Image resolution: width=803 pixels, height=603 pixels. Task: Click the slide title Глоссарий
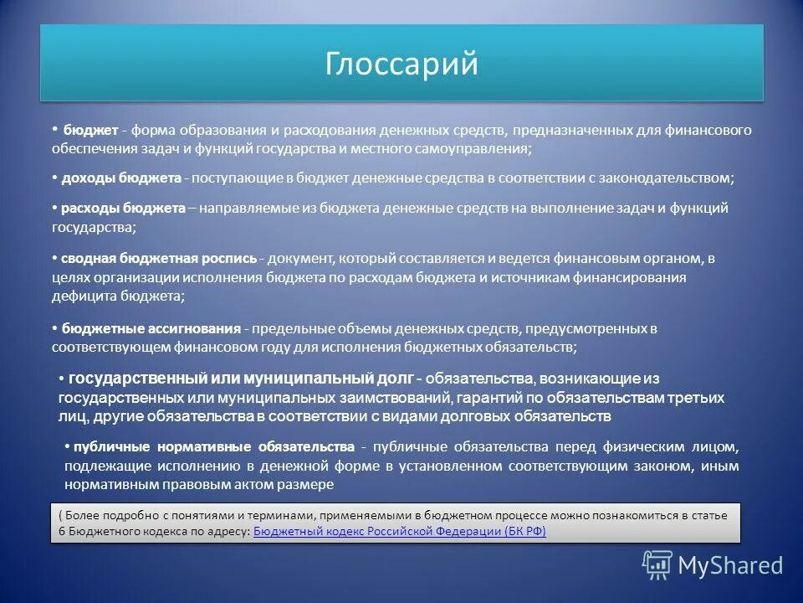(x=401, y=64)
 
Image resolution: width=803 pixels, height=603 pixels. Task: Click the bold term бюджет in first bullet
(x=90, y=131)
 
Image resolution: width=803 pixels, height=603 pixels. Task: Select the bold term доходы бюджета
(x=120, y=178)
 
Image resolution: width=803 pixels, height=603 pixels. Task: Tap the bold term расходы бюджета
(x=124, y=209)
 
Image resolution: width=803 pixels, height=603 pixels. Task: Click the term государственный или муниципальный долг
(x=239, y=379)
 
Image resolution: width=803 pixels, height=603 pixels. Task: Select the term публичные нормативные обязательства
(x=214, y=446)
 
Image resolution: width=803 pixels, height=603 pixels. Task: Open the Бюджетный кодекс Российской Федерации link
(x=399, y=532)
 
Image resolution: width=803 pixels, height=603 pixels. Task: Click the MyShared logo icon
(x=657, y=564)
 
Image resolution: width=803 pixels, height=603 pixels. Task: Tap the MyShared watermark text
(x=729, y=565)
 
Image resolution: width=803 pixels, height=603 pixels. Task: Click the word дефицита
(x=80, y=296)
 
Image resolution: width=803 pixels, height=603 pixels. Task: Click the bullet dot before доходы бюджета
(x=54, y=178)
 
